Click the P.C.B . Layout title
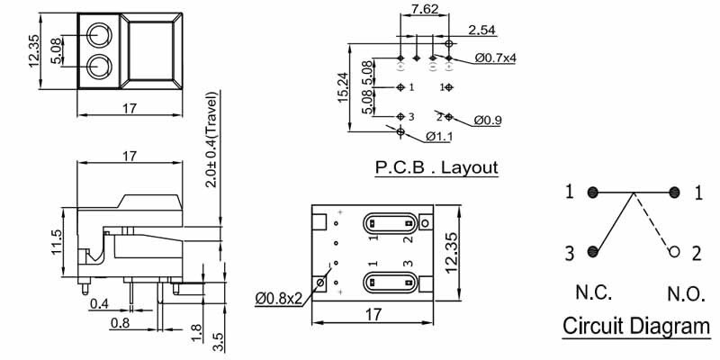(436, 167)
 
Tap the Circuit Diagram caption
(635, 326)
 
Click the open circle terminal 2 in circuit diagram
(672, 252)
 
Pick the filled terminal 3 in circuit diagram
(592, 252)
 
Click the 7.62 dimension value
(425, 11)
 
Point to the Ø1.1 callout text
(440, 137)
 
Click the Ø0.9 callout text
(488, 119)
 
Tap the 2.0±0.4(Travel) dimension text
(211, 139)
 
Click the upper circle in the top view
(99, 35)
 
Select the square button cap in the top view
(157, 51)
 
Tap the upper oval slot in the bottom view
(389, 222)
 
